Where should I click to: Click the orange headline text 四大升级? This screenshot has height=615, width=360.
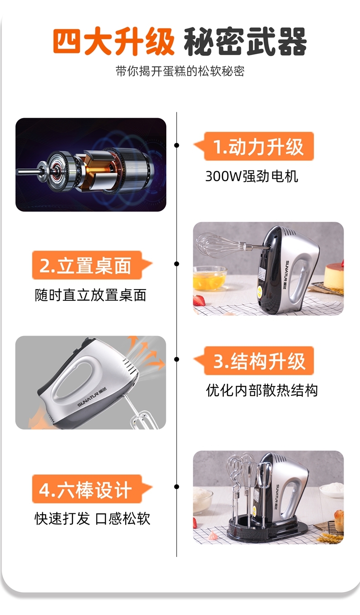click(x=113, y=41)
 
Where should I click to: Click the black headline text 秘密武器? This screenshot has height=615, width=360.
click(x=245, y=41)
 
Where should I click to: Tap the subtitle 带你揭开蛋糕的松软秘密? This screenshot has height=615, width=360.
click(x=180, y=71)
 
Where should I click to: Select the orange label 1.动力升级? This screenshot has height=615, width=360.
click(x=258, y=146)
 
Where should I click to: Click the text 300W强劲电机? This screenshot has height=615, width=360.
click(x=252, y=176)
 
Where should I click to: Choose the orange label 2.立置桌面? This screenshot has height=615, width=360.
click(x=85, y=265)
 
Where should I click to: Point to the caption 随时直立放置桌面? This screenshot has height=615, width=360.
click(x=91, y=295)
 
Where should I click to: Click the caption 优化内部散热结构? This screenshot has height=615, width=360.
click(x=262, y=390)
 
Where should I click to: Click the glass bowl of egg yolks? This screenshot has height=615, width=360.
click(x=210, y=277)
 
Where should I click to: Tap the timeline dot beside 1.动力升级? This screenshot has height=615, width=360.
click(x=177, y=145)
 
